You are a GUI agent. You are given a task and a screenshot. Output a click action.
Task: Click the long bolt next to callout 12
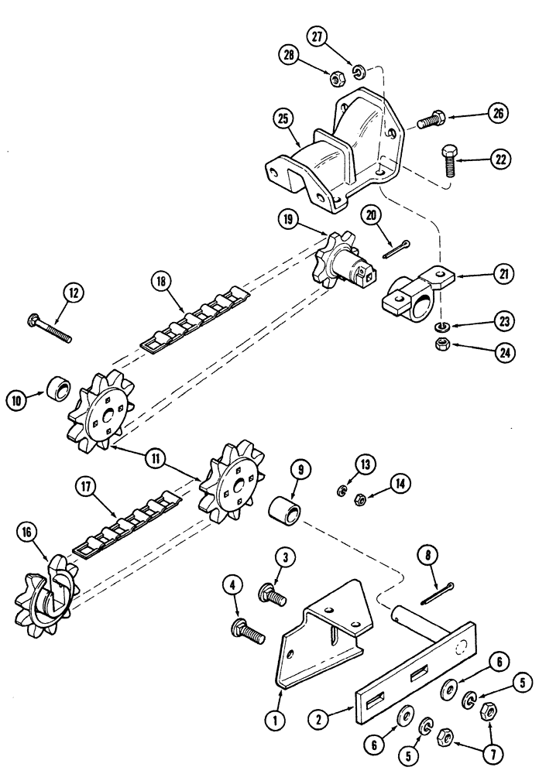click(x=50, y=328)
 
